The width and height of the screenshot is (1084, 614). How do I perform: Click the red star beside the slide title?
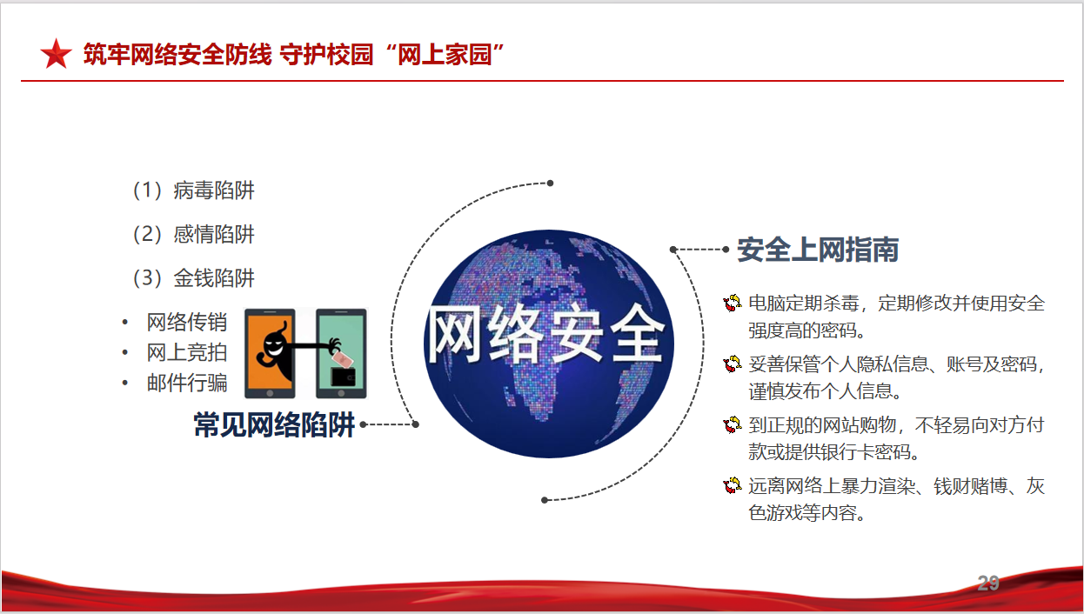pos(57,54)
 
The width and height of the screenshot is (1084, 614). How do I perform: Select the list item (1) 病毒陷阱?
pos(193,190)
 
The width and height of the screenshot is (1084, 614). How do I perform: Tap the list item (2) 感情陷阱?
pos(193,234)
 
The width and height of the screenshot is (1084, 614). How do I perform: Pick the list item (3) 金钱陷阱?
pos(193,278)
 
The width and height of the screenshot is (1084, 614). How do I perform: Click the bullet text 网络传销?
pos(187,323)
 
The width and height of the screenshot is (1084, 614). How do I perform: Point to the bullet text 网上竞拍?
pos(187,352)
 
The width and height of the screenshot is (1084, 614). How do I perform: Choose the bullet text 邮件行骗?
pos(187,383)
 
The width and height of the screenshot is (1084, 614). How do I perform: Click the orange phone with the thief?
pos(270,353)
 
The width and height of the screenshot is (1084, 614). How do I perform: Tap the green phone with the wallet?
pos(341,353)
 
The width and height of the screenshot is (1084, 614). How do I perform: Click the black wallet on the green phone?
pos(343,377)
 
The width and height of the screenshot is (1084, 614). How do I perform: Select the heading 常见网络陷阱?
pos(274,424)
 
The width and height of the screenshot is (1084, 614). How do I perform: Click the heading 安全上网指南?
pos(818,250)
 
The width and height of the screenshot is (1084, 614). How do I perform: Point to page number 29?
pos(988,583)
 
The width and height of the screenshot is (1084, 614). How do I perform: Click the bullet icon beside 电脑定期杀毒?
pos(733,303)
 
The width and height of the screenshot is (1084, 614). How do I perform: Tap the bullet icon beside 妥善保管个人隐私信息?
pos(733,364)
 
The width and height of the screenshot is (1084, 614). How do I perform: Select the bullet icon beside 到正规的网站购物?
pos(733,424)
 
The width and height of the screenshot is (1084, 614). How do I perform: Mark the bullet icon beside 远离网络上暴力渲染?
pos(733,485)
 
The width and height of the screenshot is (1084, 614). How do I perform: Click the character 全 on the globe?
pos(637,334)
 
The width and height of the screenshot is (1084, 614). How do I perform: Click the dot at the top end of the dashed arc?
pos(550,184)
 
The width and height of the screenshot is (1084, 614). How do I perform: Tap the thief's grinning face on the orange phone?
pos(273,346)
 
